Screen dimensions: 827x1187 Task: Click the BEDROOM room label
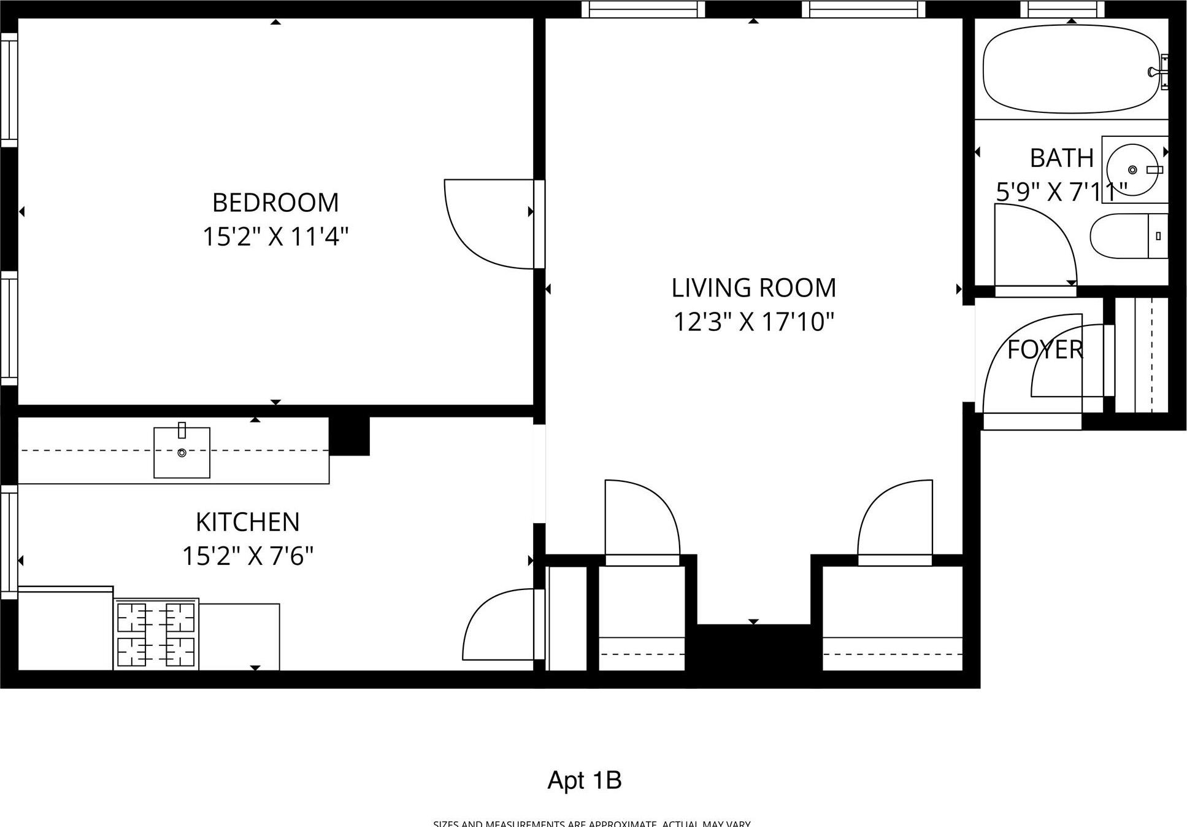click(275, 203)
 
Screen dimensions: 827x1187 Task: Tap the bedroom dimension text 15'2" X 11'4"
click(275, 236)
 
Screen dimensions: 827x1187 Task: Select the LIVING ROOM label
click(753, 288)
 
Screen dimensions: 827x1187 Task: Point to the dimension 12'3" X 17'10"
click(753, 322)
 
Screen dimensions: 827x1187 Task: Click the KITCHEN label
click(248, 522)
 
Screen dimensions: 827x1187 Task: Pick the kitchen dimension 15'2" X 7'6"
click(248, 556)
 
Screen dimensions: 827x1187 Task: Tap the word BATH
click(1061, 158)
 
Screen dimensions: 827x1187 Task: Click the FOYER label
click(1045, 350)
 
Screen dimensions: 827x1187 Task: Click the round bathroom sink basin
click(1132, 169)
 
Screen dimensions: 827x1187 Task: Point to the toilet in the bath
click(1127, 236)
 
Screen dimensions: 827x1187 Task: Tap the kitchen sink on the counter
click(182, 452)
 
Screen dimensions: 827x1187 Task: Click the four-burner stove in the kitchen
click(156, 634)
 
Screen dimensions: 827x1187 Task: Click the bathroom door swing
click(1034, 246)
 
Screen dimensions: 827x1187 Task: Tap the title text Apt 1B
click(584, 780)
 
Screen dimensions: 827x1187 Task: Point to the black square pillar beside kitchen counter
click(349, 436)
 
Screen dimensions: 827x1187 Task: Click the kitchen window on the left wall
click(9, 542)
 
